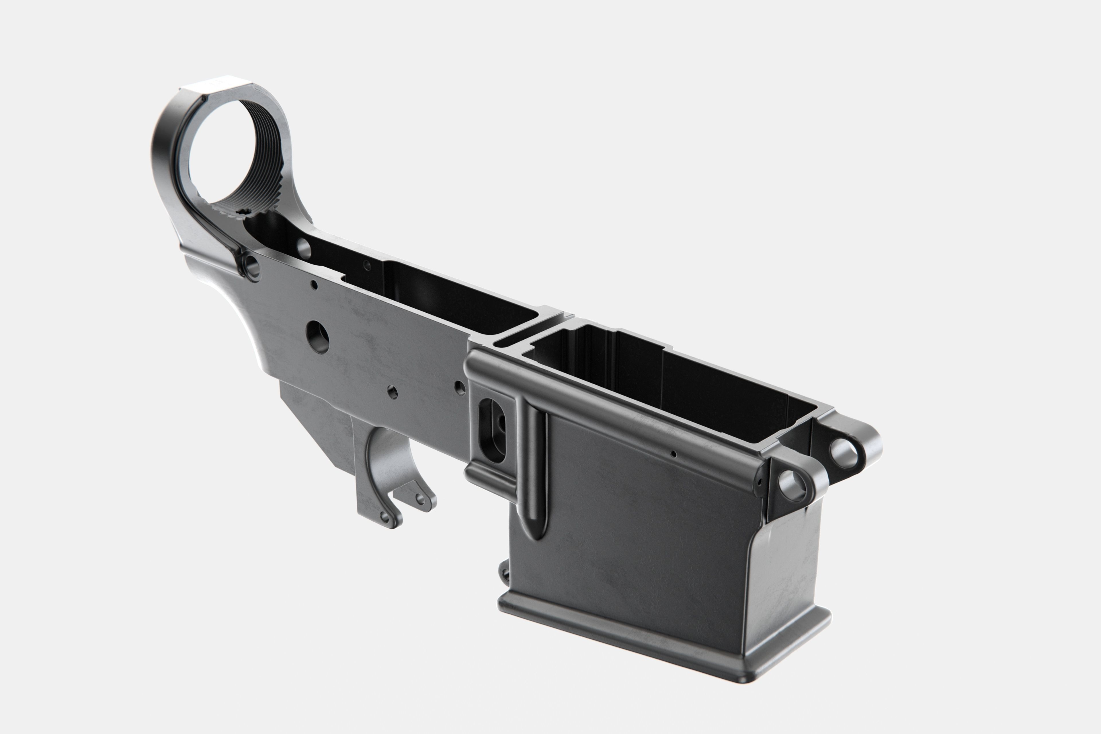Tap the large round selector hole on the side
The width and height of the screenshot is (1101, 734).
(317, 336)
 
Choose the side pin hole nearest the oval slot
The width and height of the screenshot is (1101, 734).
(460, 387)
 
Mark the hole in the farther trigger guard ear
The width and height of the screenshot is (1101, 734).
(420, 499)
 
